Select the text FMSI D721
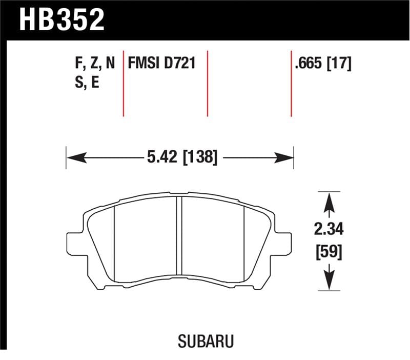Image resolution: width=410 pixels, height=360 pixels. pos(163,64)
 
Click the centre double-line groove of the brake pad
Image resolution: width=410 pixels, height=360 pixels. pos(179,241)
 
